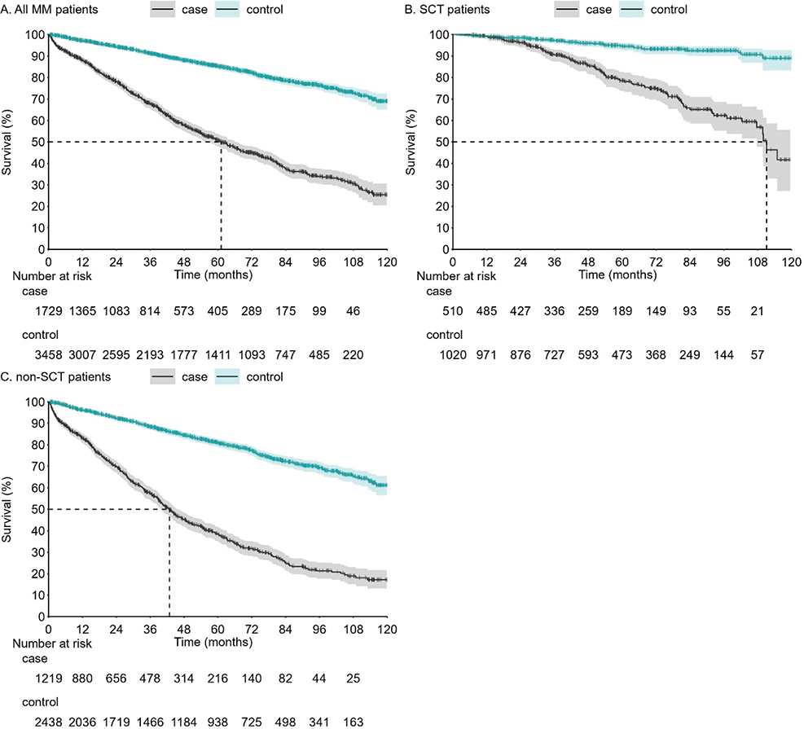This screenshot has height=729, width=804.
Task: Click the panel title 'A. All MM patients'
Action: (49, 9)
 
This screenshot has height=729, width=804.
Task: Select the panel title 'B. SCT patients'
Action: (447, 9)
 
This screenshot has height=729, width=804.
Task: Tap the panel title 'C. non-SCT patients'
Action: (55, 377)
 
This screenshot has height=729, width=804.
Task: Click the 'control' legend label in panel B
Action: (669, 9)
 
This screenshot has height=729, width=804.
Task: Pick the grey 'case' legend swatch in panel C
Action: (163, 377)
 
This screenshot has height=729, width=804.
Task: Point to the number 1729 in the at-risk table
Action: (49, 311)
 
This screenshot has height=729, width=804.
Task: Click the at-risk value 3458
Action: (49, 355)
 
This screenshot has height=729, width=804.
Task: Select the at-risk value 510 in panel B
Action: (453, 311)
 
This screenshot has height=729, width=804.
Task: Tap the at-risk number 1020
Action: (453, 355)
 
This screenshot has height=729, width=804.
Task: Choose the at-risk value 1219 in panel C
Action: (49, 678)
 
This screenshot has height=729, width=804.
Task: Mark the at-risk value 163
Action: (354, 722)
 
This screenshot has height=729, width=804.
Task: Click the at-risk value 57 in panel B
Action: (758, 355)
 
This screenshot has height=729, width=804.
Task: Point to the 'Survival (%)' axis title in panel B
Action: (411, 142)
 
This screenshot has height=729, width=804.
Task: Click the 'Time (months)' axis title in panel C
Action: (213, 642)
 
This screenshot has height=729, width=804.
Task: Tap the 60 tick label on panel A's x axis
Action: (218, 262)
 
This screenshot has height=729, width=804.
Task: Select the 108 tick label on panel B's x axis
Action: (758, 262)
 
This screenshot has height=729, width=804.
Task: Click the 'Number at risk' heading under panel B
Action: (456, 276)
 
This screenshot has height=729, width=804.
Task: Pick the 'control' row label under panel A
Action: (40, 335)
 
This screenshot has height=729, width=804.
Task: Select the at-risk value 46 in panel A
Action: (354, 311)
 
